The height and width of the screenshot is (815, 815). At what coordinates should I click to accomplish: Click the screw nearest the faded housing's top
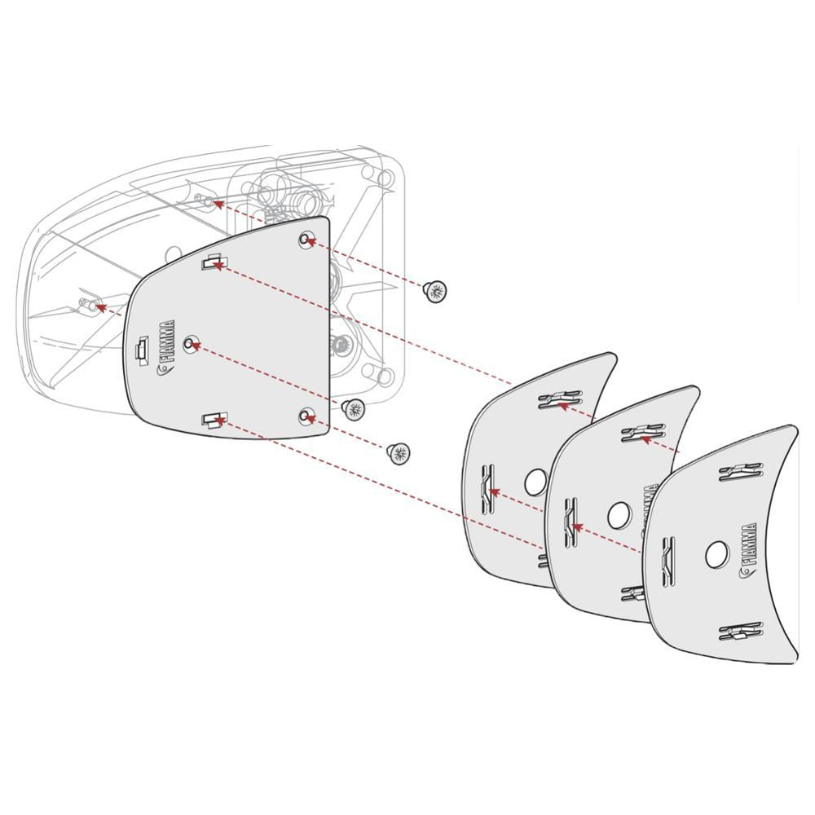point(436,291)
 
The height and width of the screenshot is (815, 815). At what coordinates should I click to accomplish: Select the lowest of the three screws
point(399,453)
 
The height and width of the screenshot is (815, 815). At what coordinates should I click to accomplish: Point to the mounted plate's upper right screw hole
point(306,240)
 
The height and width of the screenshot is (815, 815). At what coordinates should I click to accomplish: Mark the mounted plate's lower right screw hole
point(306,416)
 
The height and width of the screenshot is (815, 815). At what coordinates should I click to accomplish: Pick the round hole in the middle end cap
point(619,514)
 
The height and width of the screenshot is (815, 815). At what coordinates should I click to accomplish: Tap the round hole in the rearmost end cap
point(535,482)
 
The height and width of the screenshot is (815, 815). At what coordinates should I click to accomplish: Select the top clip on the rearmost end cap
point(560,399)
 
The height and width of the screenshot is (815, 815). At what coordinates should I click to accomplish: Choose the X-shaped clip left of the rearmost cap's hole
point(487,488)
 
